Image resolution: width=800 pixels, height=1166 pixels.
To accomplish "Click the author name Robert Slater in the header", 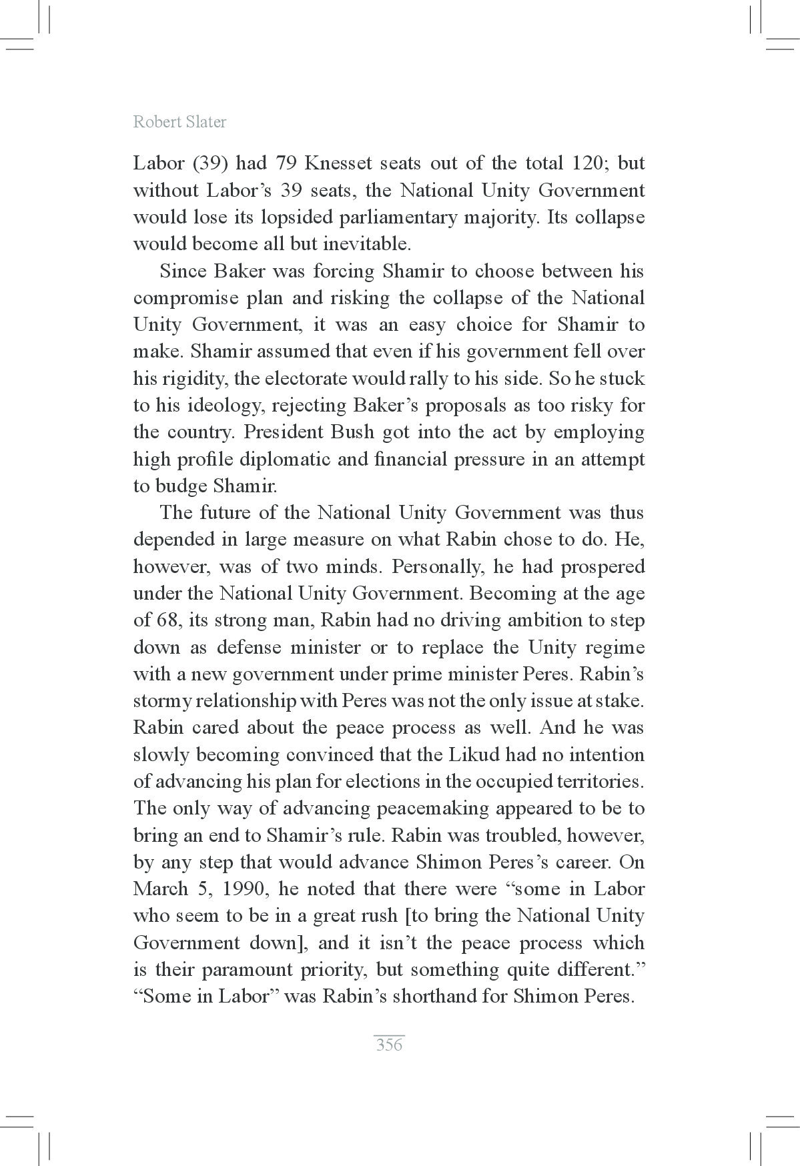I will coord(179,122).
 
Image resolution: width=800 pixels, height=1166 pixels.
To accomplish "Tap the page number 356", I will coord(389,1045).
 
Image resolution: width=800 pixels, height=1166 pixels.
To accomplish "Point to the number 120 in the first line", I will coord(588,163).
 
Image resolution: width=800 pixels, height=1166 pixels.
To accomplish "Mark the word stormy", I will coord(164,702).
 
